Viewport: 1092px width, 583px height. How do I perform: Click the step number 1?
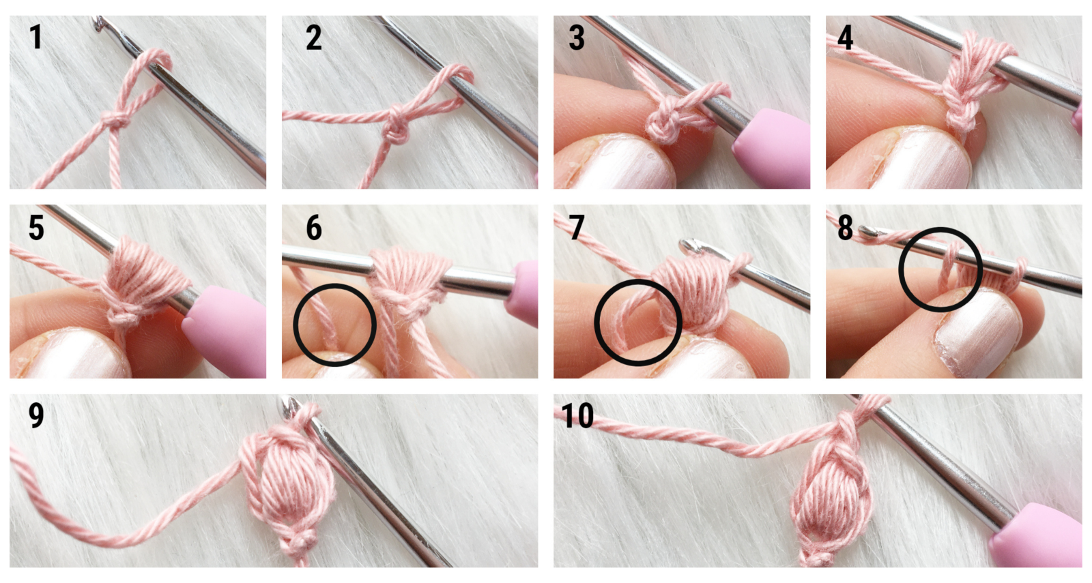35,37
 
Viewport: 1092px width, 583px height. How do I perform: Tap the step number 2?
314,38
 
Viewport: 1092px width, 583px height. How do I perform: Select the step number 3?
577,38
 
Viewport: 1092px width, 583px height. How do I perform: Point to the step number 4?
846,38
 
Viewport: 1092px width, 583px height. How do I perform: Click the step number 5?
36,227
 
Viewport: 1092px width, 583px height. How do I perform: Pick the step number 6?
314,227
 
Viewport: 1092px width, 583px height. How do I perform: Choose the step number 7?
577,227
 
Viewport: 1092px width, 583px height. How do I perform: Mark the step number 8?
846,227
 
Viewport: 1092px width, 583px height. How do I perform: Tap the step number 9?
36,415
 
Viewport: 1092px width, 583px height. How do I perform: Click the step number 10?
577,415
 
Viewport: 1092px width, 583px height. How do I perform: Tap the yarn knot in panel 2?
396,129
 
